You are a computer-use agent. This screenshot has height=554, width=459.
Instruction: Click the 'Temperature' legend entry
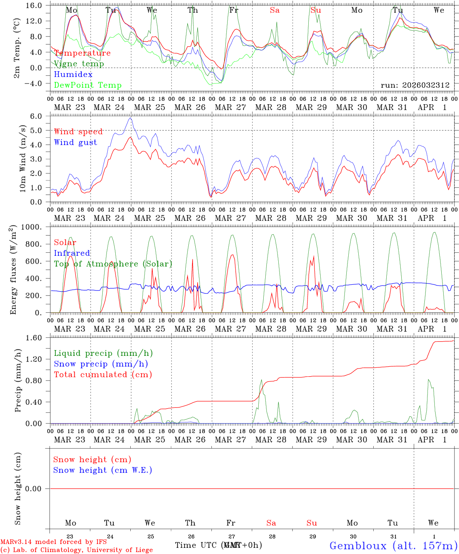click(x=82, y=53)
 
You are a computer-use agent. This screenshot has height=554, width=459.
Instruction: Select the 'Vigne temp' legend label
click(x=79, y=64)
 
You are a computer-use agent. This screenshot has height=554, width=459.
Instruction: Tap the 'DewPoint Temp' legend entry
click(x=88, y=85)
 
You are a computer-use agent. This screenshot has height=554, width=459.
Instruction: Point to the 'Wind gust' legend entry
click(x=75, y=142)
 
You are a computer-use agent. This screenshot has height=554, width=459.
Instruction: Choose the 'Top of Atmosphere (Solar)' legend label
click(x=113, y=264)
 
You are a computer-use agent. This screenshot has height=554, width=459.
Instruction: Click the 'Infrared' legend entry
click(x=72, y=253)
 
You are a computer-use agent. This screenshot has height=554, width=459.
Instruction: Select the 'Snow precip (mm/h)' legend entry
click(x=101, y=364)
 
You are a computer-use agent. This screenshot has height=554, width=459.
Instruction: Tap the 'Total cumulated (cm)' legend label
click(x=103, y=375)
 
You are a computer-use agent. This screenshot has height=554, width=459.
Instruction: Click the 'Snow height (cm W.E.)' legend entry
click(x=103, y=470)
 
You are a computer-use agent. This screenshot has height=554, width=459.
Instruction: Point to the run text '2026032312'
click(x=426, y=85)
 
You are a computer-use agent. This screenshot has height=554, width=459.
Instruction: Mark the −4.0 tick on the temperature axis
click(x=35, y=83)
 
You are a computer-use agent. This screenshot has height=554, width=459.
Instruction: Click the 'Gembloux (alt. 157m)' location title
click(x=393, y=546)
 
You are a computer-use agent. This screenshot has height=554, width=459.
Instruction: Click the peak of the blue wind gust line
click(x=131, y=118)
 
